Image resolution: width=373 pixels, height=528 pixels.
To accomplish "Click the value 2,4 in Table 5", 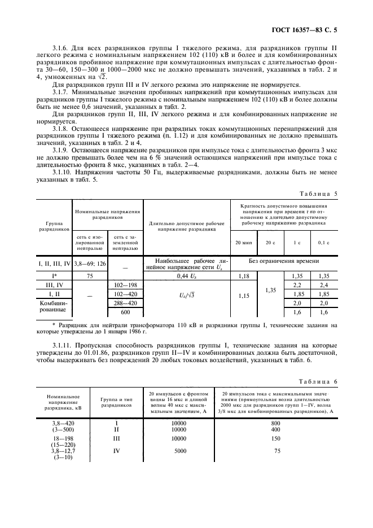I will click(x=323, y=285).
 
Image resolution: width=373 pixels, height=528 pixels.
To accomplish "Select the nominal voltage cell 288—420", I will click(x=125, y=303).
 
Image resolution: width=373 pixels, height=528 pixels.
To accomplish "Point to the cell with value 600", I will click(x=125, y=312).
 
